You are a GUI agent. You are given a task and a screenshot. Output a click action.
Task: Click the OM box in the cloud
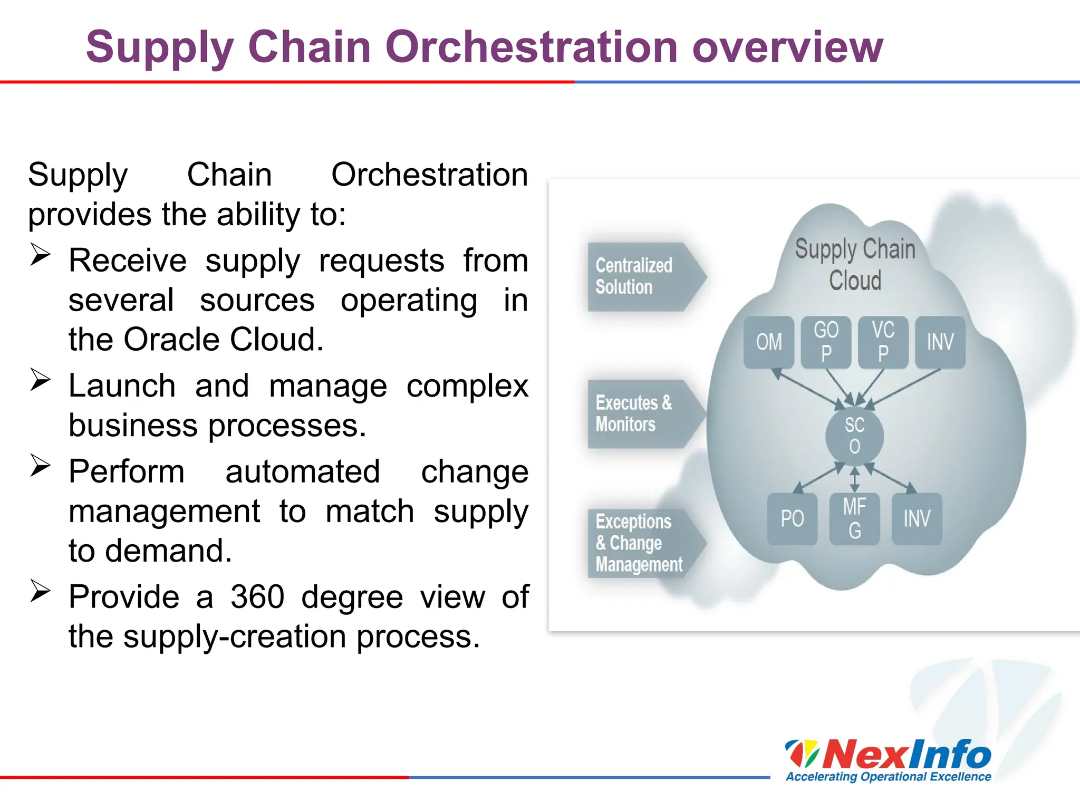click(768, 342)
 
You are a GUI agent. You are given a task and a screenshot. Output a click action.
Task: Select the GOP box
click(826, 342)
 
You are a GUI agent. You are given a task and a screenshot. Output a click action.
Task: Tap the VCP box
click(883, 342)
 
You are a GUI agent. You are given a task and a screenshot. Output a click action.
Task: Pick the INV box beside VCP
click(940, 342)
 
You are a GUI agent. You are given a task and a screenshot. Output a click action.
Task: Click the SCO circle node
click(854, 436)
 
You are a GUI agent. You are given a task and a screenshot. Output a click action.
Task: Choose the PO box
click(792, 519)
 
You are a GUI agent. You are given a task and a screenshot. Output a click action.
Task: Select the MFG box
click(854, 519)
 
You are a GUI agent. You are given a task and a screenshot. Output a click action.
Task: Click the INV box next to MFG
click(917, 519)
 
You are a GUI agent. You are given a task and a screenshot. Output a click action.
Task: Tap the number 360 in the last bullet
click(257, 597)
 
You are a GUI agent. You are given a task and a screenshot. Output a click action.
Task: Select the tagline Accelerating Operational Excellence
click(889, 777)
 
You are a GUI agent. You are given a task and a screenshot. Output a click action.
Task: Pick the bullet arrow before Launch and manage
click(40, 380)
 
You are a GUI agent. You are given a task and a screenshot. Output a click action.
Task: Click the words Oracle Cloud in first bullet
click(223, 339)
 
